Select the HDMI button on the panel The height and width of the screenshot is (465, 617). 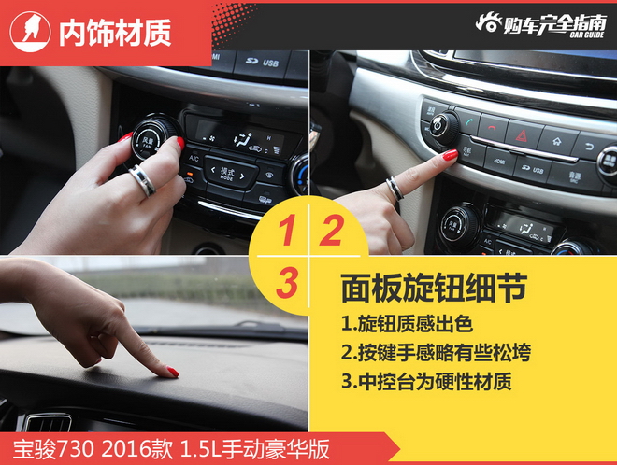[499, 162]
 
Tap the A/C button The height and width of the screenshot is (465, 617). [194, 158]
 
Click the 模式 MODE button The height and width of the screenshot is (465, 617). [227, 173]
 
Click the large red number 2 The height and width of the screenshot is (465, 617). [331, 231]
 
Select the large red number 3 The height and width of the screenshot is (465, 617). [287, 283]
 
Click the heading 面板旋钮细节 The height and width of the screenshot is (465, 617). [434, 289]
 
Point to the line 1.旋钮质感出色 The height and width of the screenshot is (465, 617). [407, 323]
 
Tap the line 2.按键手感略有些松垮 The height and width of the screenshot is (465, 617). [436, 352]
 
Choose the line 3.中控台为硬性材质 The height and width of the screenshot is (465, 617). [426, 381]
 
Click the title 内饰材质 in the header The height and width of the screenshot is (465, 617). [115, 33]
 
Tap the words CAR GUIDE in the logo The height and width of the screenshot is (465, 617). [587, 35]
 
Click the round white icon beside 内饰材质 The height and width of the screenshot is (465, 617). [30, 32]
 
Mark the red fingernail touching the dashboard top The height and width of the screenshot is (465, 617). [173, 372]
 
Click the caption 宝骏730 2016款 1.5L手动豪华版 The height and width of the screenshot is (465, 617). [172, 450]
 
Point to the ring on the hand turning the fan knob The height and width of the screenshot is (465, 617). [142, 180]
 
